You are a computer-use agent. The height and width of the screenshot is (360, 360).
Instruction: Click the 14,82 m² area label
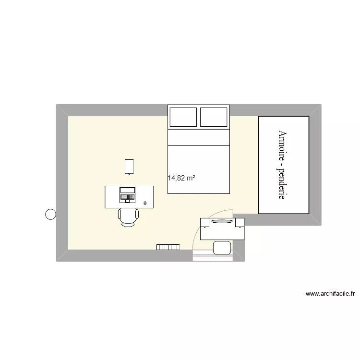(x=181, y=178)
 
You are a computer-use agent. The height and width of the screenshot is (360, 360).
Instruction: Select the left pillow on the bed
(x=182, y=117)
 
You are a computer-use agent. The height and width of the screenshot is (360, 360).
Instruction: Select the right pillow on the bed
(x=214, y=117)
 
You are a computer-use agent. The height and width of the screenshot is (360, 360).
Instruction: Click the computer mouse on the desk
(x=145, y=204)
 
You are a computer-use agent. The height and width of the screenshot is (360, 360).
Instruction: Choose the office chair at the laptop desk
(x=128, y=217)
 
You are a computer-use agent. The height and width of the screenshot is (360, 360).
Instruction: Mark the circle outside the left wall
(x=50, y=215)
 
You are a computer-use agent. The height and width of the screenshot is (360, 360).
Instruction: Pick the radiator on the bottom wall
(x=168, y=247)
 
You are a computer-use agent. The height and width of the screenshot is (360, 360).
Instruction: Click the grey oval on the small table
(x=222, y=222)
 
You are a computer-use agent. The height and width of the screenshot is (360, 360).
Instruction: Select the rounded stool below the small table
(x=222, y=247)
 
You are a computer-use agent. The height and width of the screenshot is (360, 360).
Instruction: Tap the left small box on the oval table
(x=205, y=222)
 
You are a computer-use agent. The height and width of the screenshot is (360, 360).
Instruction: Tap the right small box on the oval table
(x=240, y=222)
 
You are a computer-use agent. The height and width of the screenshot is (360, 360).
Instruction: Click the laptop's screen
(x=128, y=190)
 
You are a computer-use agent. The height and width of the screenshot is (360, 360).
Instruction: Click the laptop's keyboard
(x=128, y=197)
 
